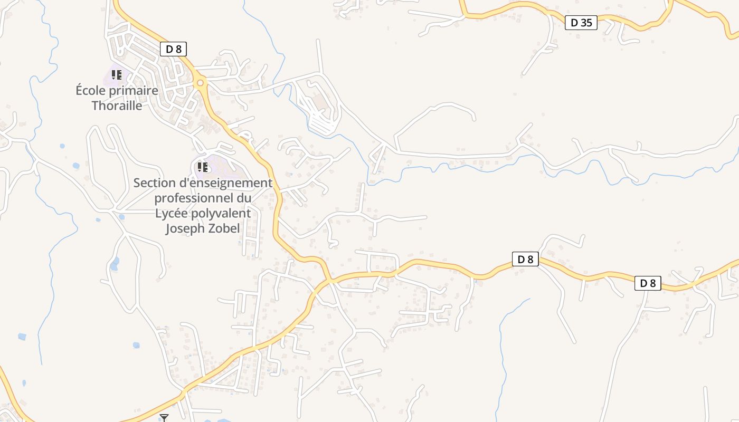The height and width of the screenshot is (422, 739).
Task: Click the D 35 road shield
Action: (581, 23)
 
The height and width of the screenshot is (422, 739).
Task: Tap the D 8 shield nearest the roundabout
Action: (173, 49)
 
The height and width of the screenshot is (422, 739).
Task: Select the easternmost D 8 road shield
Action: (647, 283)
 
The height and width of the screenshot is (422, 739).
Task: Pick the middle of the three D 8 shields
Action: (525, 259)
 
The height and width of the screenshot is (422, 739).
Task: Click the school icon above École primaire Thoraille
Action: (116, 75)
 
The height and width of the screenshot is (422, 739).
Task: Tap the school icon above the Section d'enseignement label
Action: (202, 167)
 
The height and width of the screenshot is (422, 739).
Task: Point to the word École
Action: (91, 90)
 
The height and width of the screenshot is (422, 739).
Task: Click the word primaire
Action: (134, 91)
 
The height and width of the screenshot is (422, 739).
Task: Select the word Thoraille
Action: (117, 105)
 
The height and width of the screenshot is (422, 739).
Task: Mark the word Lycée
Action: (172, 213)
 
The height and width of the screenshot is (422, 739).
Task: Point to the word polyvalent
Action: (221, 214)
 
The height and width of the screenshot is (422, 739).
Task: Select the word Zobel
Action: (224, 228)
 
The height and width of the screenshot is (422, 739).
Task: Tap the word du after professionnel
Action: (243, 198)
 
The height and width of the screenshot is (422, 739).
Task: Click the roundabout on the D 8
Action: (200, 83)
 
